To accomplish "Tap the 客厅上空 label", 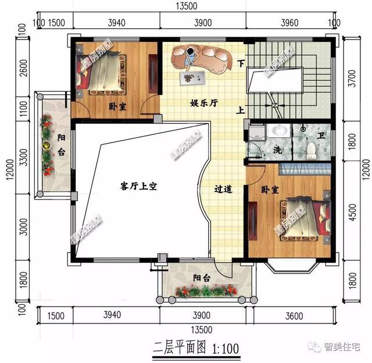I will point(139,186).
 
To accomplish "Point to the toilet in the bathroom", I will point(311,150).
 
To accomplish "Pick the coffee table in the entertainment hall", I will point(190,77).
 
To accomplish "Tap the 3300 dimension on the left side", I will point(22,157).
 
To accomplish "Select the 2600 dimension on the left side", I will point(22,73).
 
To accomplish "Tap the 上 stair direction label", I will point(240,110).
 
